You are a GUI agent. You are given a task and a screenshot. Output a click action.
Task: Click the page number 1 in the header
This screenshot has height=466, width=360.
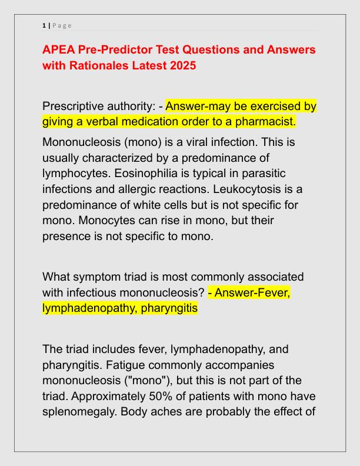[44, 25]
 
